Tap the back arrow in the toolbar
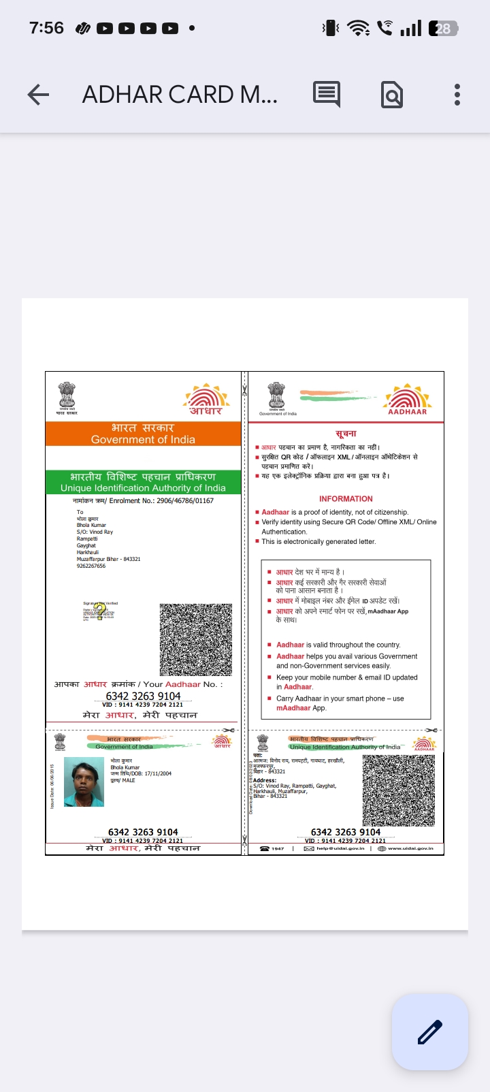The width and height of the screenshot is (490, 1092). [x=39, y=95]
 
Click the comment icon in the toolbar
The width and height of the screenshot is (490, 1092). [x=327, y=94]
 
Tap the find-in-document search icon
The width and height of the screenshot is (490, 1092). [x=392, y=95]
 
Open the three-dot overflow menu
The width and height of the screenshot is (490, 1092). [x=457, y=95]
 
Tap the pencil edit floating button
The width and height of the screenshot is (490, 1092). [x=430, y=1032]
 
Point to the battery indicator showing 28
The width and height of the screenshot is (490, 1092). [x=443, y=29]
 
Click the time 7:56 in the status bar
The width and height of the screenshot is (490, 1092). [x=46, y=28]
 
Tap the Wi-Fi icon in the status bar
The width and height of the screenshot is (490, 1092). [x=357, y=28]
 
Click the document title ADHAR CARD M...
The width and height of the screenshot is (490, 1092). [x=180, y=95]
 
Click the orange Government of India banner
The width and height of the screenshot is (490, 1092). [x=143, y=434]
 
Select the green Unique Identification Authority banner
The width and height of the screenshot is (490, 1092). [x=143, y=482]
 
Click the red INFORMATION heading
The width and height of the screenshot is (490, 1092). [x=346, y=498]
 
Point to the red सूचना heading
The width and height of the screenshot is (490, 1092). [x=346, y=433]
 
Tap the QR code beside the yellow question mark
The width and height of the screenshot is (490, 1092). [x=196, y=639]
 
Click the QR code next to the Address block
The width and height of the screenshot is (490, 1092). [x=398, y=790]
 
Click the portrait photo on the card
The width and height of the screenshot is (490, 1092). [x=84, y=782]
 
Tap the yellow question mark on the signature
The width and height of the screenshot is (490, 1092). [x=99, y=611]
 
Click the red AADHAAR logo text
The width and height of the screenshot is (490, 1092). [x=407, y=411]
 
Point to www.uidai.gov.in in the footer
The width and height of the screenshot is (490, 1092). [x=410, y=848]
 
